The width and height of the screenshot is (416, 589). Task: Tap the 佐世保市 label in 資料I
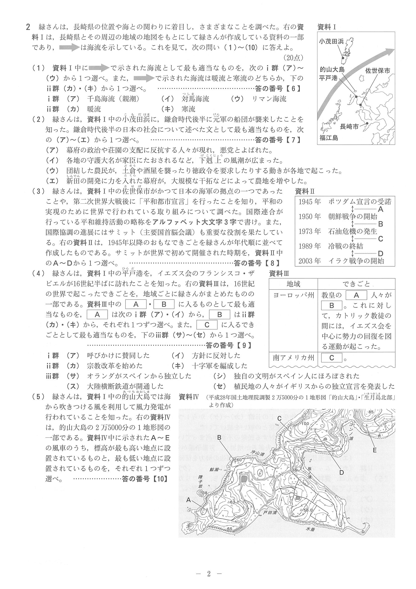378,70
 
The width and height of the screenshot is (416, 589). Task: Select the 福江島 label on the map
328,138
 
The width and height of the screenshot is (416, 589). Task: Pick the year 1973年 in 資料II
309,231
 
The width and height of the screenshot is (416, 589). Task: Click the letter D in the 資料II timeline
380,254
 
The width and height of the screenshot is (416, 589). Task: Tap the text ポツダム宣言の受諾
360,202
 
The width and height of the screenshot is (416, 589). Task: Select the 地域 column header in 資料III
294,284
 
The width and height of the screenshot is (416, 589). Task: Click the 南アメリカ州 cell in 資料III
293,358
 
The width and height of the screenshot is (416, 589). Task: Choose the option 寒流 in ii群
188,109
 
